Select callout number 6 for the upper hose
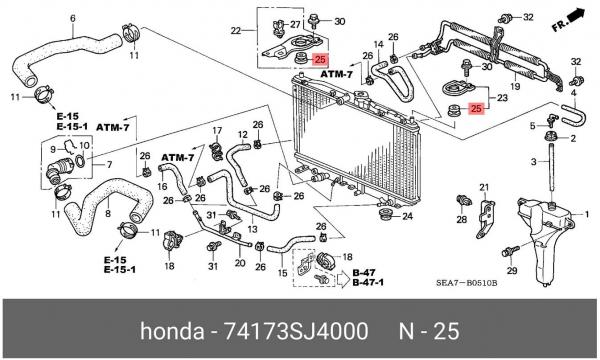coord(73,18)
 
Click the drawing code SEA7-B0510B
coord(466,283)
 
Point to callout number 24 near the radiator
coord(407,217)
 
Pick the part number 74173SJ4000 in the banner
coord(295,331)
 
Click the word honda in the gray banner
coord(172,331)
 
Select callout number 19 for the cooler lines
coord(515,86)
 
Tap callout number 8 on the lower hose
coord(108,213)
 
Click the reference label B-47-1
coord(368,283)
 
